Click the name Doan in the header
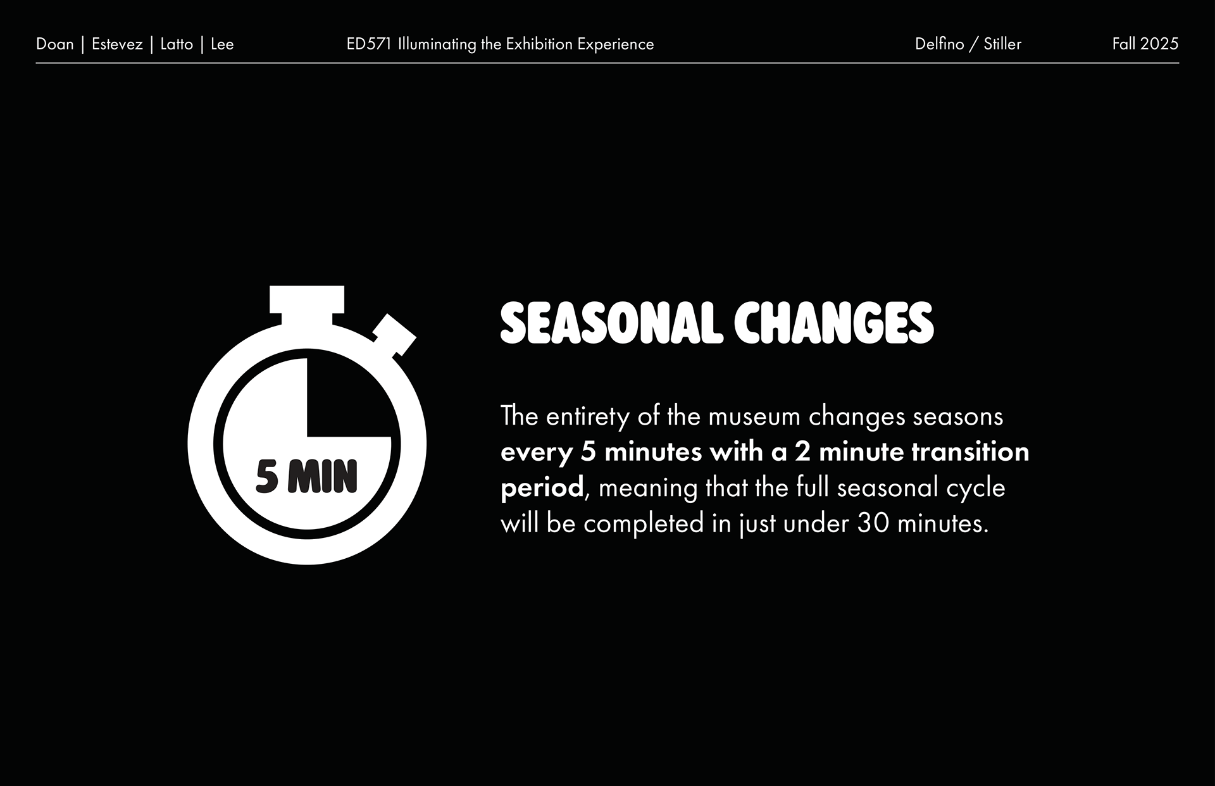tap(55, 44)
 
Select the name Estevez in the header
tap(117, 44)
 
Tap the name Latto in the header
tap(177, 44)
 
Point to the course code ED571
tap(370, 44)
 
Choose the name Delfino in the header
tap(940, 44)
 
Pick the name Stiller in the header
tap(1002, 44)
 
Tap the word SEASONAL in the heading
tap(611, 323)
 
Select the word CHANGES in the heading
tap(834, 323)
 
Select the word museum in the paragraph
tap(754, 416)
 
